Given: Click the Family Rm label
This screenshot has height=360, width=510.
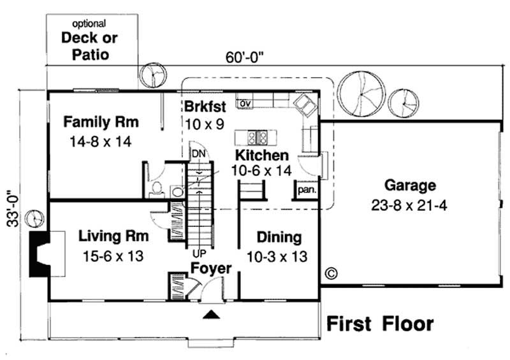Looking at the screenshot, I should click(101, 122).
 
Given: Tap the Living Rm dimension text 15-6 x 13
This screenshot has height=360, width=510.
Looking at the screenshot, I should click(113, 256).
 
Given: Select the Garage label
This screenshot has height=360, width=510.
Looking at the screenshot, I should click(410, 186).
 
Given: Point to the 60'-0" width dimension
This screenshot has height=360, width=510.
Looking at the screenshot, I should click(245, 57).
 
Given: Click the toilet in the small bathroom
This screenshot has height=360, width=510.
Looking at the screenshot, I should click(157, 189).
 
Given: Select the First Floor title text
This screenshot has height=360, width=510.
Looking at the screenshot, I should click(380, 324).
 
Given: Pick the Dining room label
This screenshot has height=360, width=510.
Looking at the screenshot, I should click(279, 238).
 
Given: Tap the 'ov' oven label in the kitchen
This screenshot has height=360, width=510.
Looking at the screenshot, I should click(243, 102).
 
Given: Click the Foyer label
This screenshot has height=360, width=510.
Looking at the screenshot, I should click(211, 269).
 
